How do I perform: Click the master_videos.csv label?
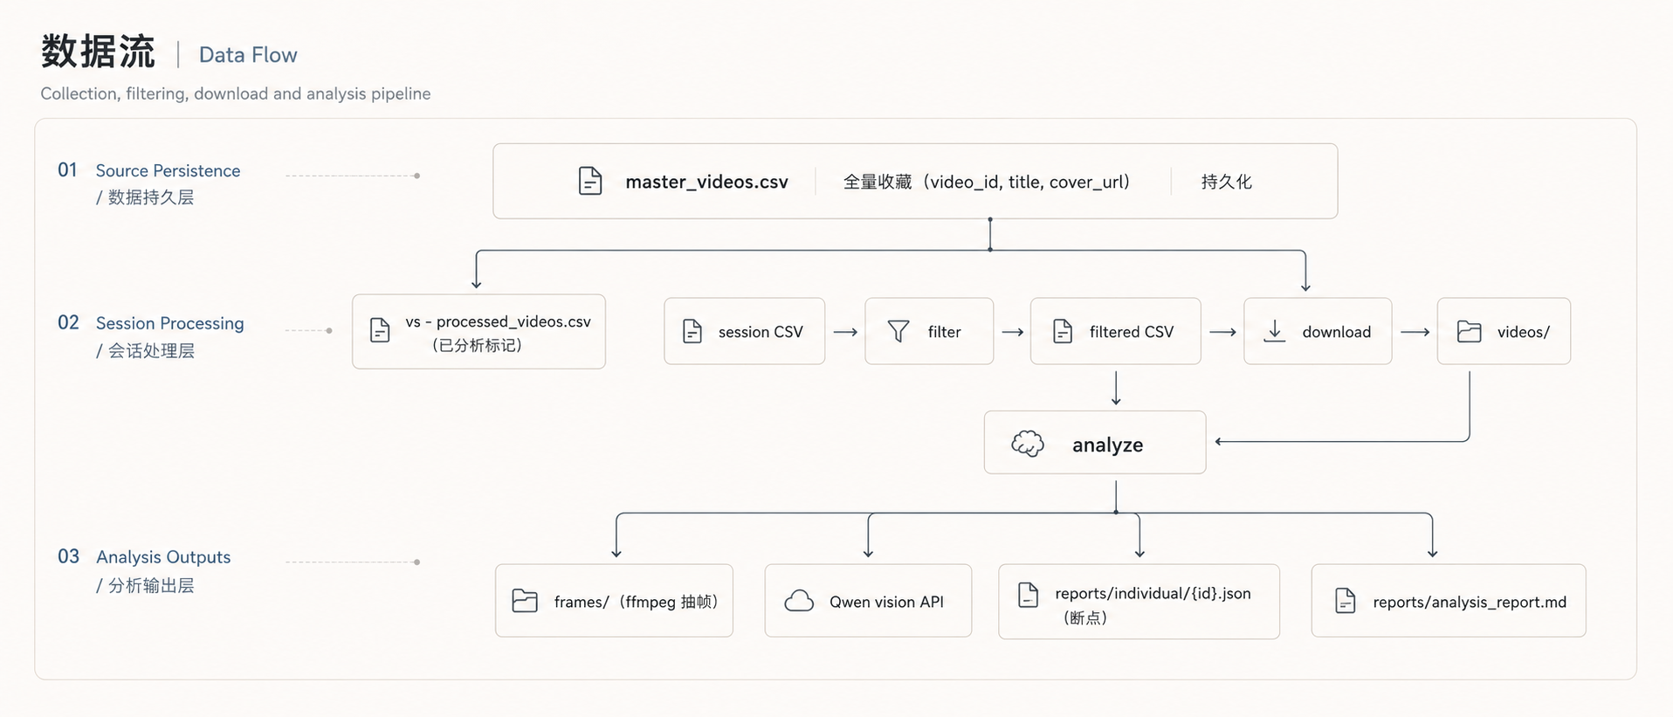pos(706,182)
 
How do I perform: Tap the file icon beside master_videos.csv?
pos(590,181)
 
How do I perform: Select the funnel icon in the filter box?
pos(898,331)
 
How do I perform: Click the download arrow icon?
pos(1275,331)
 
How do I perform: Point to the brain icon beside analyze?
pos(1028,444)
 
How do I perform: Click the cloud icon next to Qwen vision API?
pos(799,601)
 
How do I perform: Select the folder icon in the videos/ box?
pos(1470,331)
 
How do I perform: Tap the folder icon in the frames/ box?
pos(525,601)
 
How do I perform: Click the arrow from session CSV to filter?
pos(845,332)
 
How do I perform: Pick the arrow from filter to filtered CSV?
pos(1012,332)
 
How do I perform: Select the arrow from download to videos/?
pos(1415,332)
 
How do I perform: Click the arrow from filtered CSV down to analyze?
pos(1116,389)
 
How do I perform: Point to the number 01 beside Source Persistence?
pos(67,169)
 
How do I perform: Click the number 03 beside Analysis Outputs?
pos(68,556)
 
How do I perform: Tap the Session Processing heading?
pos(170,323)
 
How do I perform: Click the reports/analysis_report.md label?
pos(1470,602)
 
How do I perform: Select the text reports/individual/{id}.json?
pos(1153,593)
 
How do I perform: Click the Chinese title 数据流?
pos(98,52)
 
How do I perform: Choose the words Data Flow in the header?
pos(248,55)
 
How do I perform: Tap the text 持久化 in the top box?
pos(1226,182)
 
